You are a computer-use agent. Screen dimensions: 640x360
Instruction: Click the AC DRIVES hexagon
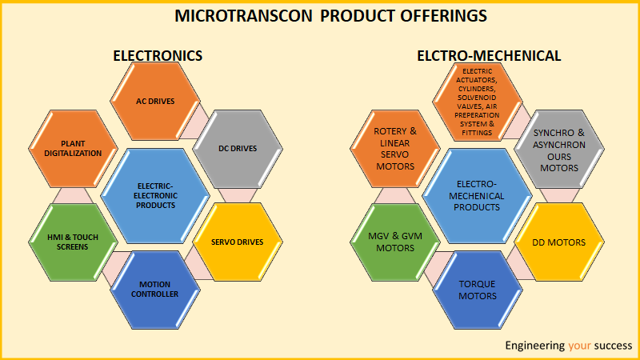click(x=155, y=102)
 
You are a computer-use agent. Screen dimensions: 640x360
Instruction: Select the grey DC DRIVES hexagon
click(x=238, y=149)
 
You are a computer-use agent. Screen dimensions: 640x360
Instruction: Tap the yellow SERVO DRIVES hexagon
click(x=238, y=242)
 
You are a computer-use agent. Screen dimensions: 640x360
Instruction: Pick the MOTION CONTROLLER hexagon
click(x=155, y=290)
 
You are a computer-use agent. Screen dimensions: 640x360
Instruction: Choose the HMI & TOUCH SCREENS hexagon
click(x=73, y=242)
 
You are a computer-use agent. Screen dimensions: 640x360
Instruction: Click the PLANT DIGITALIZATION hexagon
click(x=73, y=149)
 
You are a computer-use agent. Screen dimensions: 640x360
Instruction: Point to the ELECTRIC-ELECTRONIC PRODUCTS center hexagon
click(x=155, y=196)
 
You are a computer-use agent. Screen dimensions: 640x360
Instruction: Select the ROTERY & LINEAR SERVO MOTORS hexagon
click(x=395, y=149)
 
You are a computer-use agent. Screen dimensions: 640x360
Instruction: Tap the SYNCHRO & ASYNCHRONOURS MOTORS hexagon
click(x=559, y=149)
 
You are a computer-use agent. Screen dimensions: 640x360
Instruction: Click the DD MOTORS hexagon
click(x=559, y=242)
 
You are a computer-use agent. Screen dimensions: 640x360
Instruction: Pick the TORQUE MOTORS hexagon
click(x=478, y=290)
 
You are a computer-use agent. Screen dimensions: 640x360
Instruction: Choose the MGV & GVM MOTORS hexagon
click(x=395, y=242)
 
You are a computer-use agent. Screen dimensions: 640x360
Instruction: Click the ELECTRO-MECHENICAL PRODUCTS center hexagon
click(x=477, y=196)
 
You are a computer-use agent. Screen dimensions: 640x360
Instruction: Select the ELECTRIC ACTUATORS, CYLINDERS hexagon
click(x=478, y=102)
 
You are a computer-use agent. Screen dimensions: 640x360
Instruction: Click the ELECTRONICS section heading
click(x=158, y=56)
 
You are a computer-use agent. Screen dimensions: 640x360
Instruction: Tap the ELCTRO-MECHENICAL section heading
click(x=489, y=56)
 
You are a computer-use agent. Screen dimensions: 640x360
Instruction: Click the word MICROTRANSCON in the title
click(x=244, y=16)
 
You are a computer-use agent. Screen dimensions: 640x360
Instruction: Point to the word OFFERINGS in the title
click(x=444, y=16)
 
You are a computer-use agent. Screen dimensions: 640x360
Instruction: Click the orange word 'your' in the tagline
click(x=579, y=346)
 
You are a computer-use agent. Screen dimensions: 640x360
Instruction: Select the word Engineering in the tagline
click(x=534, y=346)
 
